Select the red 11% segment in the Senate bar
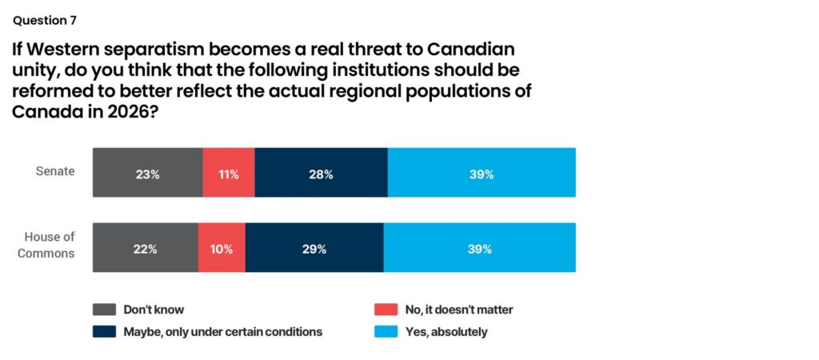pyautogui.click(x=229, y=173)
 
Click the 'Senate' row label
pyautogui.click(x=56, y=171)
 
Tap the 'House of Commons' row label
pyautogui.click(x=50, y=245)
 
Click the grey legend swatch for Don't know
pyautogui.click(x=103, y=310)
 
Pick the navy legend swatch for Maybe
pyautogui.click(x=103, y=331)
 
